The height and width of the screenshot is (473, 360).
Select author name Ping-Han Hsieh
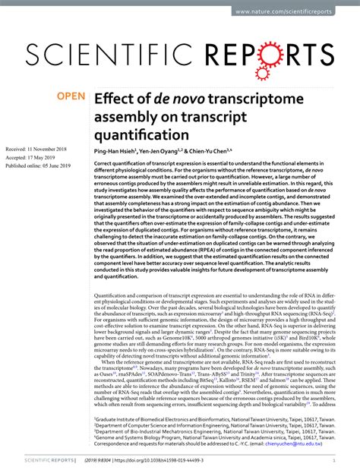pos(115,151)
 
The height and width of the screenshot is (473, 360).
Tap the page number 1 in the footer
pos(334,459)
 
